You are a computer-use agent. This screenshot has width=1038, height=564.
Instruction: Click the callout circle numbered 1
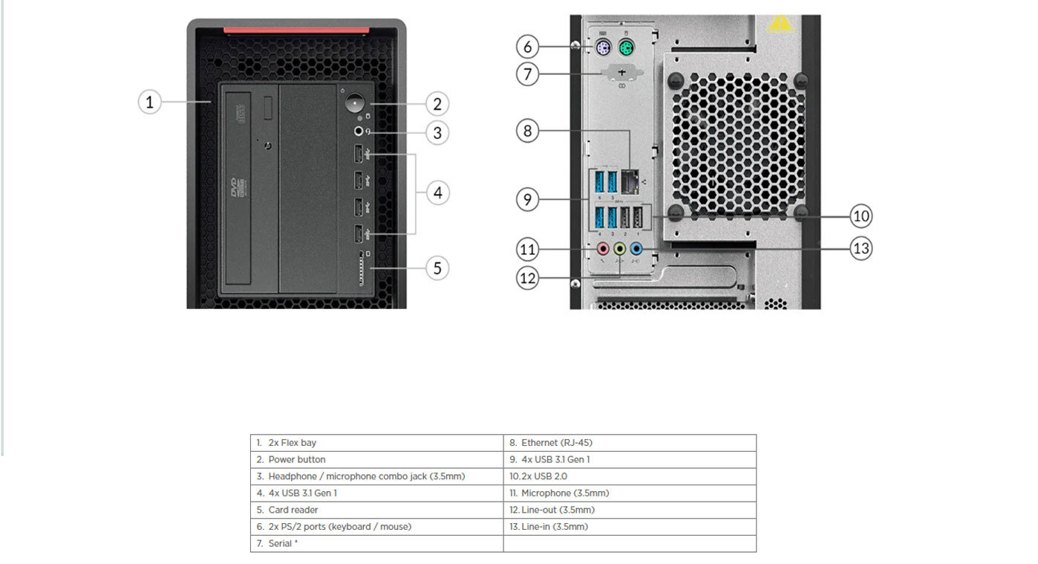pyautogui.click(x=150, y=101)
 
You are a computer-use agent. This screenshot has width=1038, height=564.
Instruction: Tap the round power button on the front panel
pyautogui.click(x=358, y=103)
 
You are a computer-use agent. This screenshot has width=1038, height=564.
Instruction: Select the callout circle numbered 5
pyautogui.click(x=437, y=268)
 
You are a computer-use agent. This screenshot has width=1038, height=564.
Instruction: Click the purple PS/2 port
pyautogui.click(x=604, y=50)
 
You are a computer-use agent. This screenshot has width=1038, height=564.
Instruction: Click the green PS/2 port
pyautogui.click(x=627, y=50)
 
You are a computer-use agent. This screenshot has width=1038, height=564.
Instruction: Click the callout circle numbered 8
pyautogui.click(x=527, y=132)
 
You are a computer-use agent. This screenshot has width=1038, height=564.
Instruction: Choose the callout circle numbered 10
pyautogui.click(x=861, y=216)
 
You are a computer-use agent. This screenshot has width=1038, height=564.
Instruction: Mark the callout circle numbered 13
pyautogui.click(x=861, y=247)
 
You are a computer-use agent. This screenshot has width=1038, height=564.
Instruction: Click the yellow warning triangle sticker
pyautogui.click(x=780, y=24)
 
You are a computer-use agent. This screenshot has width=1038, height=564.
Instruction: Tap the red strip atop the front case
pyautogui.click(x=296, y=30)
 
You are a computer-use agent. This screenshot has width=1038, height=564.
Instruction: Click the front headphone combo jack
pyautogui.click(x=359, y=131)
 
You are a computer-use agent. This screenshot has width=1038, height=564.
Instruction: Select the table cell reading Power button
pyautogui.click(x=376, y=459)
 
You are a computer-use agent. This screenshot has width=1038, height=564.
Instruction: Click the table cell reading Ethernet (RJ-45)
pyautogui.click(x=630, y=443)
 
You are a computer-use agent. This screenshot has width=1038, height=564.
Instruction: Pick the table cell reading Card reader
pyautogui.click(x=376, y=510)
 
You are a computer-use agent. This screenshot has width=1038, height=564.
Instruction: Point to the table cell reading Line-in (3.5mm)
pyautogui.click(x=630, y=527)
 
